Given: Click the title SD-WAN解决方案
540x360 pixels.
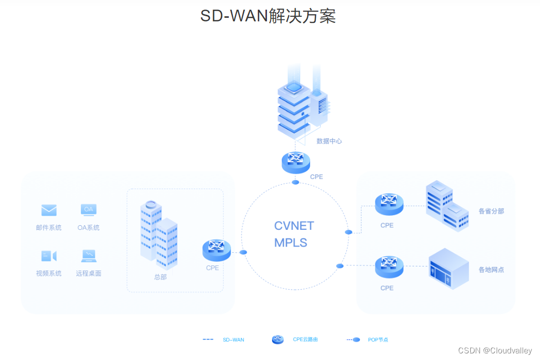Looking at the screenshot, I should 268,16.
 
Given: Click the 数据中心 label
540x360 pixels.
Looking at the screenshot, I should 329,141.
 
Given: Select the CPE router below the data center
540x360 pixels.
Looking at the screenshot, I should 295,162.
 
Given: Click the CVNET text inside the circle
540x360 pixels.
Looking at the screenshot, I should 294,226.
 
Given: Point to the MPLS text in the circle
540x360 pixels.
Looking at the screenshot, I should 290,243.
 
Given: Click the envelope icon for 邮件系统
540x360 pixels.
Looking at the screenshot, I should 49,210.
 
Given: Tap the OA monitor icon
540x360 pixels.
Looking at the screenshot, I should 88,210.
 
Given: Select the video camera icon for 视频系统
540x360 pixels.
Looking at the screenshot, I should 49,256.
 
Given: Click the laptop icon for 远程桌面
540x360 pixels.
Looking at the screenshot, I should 88,255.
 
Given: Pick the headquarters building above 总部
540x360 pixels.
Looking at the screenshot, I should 159,234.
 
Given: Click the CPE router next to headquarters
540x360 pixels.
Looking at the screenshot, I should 217,250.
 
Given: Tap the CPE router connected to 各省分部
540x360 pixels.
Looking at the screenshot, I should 389,204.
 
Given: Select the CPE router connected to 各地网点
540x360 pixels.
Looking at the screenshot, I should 389,266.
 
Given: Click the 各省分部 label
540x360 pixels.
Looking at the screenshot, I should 491,211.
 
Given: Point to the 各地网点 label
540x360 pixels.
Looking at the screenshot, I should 491,269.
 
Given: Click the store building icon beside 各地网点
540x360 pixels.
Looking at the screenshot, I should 448,268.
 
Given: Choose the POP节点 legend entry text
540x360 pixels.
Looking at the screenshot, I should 378,340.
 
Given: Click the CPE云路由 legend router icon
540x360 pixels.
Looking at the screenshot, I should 278,340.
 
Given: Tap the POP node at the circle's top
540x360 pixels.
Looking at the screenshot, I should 295,182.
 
